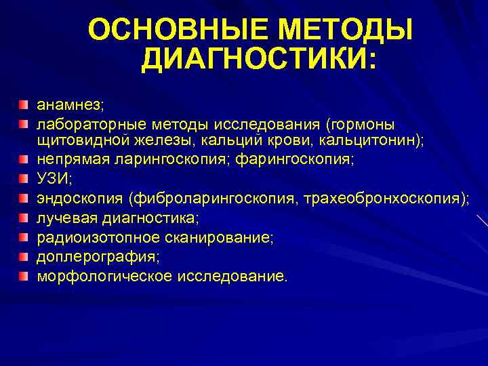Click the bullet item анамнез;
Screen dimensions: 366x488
coord(69,106)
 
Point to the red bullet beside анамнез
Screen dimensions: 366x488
coord(24,104)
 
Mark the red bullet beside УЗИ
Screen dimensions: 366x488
coord(24,178)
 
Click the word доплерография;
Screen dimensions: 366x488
coord(98,258)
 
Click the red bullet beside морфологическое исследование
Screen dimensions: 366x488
coord(24,276)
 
